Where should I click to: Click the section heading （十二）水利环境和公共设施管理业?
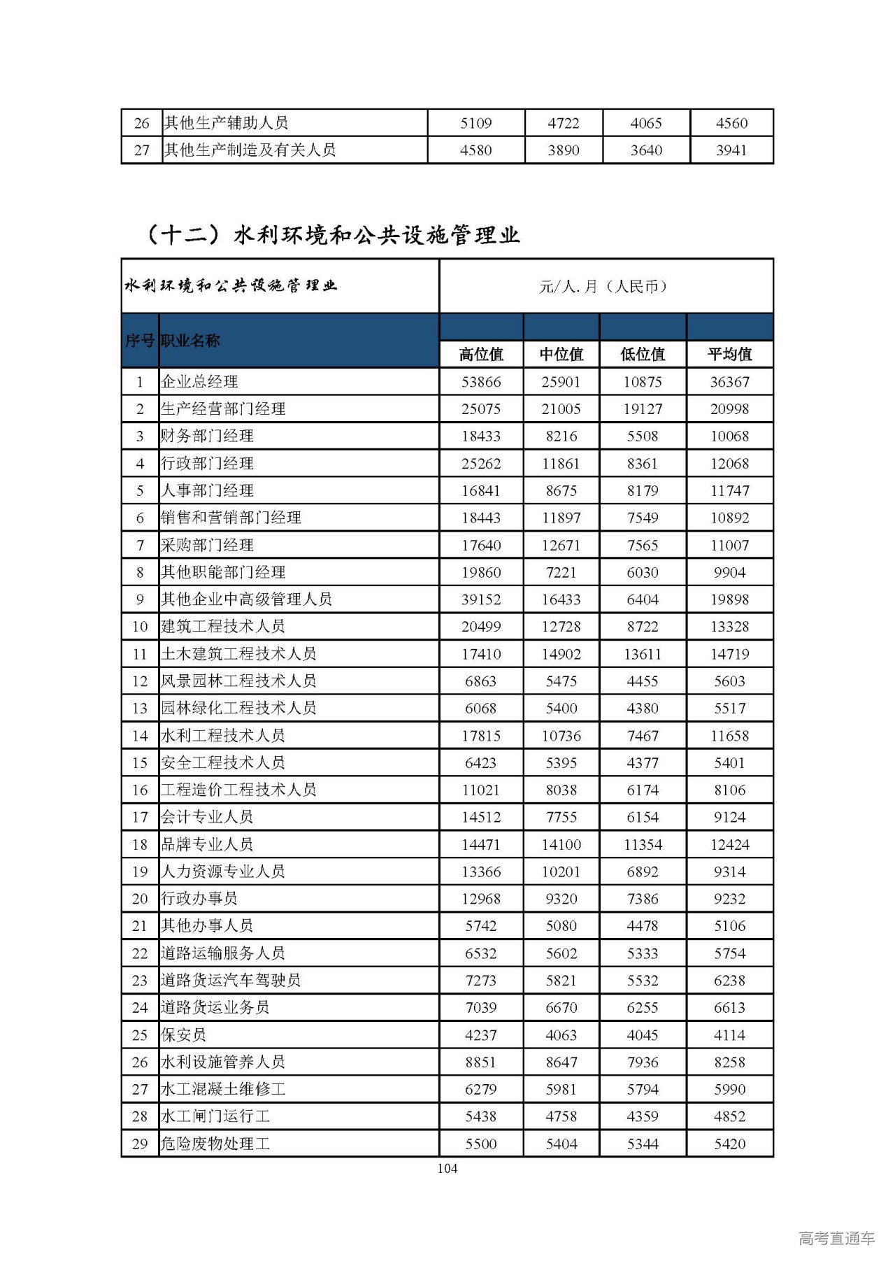332,235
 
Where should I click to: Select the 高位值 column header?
481,355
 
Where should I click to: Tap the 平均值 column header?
729,355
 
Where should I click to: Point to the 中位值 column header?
561,355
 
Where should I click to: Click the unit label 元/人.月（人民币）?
606,286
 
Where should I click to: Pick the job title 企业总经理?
200,382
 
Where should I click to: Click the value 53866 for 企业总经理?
481,382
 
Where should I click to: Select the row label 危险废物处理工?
215,1144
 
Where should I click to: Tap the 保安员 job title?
184,1034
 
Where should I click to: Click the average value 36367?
729,382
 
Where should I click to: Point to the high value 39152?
481,599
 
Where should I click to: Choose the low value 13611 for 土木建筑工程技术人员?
643,654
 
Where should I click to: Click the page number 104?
447,1168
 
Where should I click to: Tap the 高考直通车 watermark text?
836,1239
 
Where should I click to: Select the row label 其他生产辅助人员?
226,123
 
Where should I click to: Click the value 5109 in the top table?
476,123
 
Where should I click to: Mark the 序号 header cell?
140,341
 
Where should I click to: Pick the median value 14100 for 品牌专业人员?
561,844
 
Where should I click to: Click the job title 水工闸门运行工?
215,1116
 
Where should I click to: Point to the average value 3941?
731,150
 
